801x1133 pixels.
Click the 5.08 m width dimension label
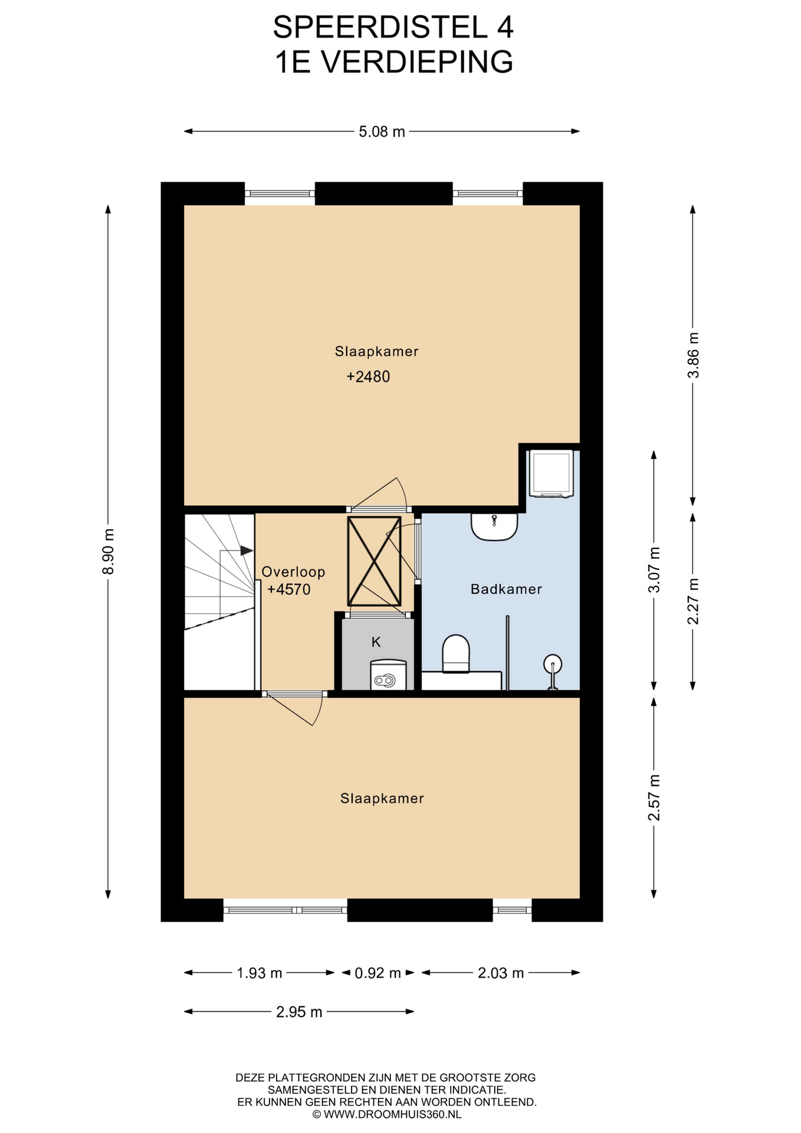(382, 132)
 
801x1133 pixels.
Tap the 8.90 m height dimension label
(108, 551)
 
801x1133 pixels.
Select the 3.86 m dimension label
(693, 355)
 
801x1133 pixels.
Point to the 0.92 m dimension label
(377, 972)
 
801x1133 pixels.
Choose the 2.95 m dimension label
(299, 1012)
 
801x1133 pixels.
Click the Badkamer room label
(506, 589)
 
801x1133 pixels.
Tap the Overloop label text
(293, 572)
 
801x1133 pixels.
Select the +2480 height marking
(368, 376)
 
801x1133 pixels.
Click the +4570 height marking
(288, 590)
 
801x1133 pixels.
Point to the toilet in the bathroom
(456, 654)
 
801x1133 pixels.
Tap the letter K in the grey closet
(376, 642)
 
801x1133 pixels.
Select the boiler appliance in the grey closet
(388, 675)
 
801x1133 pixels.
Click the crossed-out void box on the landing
(374, 561)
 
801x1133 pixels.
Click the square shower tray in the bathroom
(551, 473)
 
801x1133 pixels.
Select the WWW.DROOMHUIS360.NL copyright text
(387, 1115)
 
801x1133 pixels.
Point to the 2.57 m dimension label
(654, 798)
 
